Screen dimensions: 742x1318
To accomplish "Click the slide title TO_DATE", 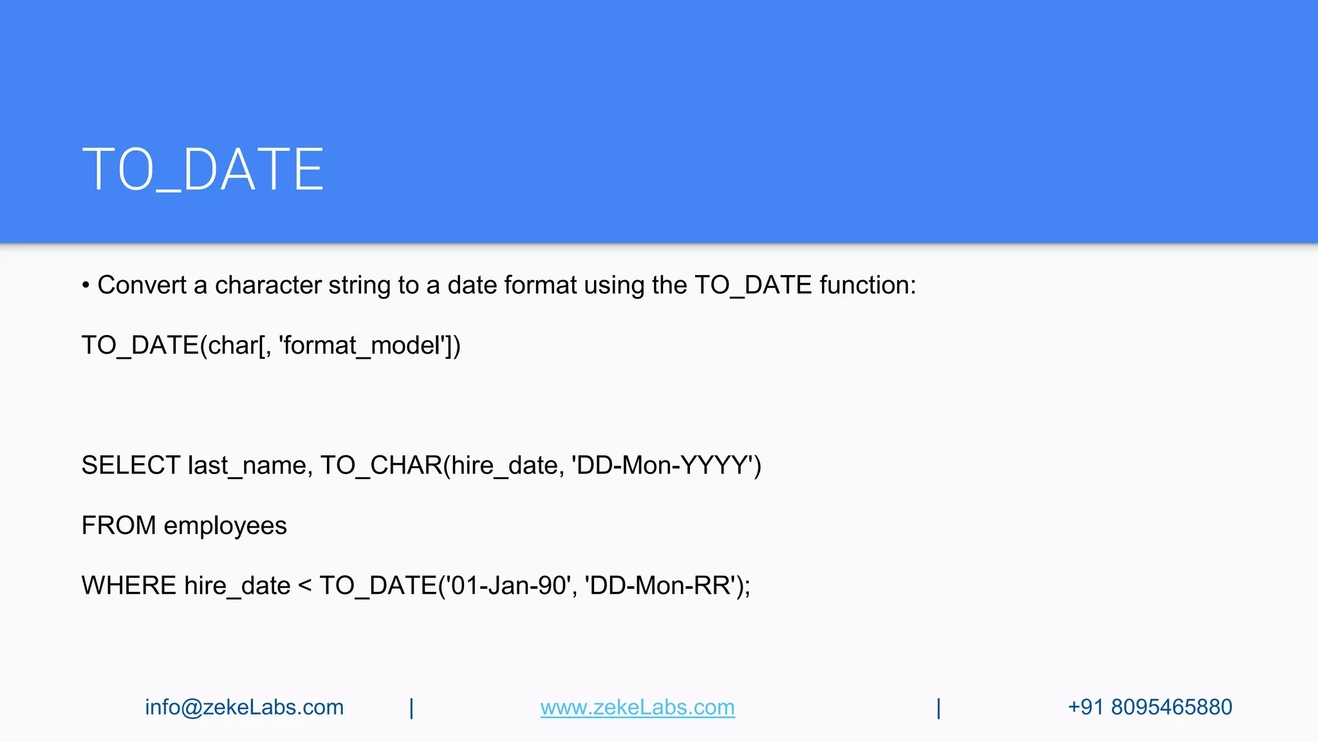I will (x=203, y=169).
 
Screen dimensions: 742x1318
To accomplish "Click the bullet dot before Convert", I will (x=86, y=285).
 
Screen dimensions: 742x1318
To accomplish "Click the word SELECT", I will (x=131, y=466).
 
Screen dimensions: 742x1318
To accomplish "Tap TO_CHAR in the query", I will (x=381, y=466).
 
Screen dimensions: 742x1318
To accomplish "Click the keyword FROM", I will (x=118, y=526).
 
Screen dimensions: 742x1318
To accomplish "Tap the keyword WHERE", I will (x=129, y=585).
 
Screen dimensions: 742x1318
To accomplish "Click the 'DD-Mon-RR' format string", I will (x=660, y=585).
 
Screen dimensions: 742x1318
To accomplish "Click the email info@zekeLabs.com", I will (x=244, y=707).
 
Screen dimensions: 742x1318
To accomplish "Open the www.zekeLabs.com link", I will (x=637, y=707).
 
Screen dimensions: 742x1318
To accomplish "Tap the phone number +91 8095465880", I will (x=1149, y=707).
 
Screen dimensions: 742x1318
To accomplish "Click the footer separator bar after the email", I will (x=411, y=708).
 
